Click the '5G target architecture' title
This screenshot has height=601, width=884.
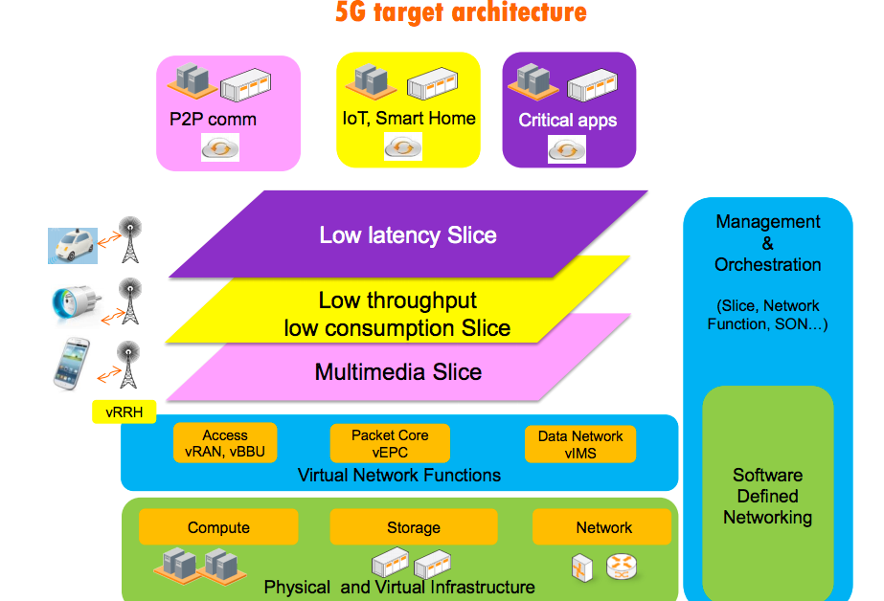coord(461,11)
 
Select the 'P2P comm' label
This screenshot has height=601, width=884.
coord(214,120)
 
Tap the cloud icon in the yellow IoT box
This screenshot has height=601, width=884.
coord(403,147)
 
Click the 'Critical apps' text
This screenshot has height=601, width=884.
coord(568,121)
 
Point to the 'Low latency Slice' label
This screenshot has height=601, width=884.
coord(408,234)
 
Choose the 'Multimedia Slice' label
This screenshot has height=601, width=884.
coord(398,372)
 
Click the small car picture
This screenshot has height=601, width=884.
coord(73,246)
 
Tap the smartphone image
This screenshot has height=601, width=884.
coord(72,364)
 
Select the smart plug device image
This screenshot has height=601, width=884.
coord(77,304)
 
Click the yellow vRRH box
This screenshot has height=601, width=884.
coord(125,412)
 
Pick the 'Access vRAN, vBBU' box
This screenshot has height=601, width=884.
coord(225,443)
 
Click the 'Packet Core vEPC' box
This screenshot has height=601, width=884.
coord(390,443)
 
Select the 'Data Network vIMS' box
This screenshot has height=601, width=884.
coord(580,444)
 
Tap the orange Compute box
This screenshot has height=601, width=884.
coord(218,527)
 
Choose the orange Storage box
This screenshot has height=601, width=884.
coord(414,527)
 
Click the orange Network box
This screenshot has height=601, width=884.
coord(602,527)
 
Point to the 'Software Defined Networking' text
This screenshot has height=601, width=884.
coord(768,497)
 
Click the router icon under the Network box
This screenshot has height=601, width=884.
coord(622,567)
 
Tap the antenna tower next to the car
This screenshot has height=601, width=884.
coord(130,240)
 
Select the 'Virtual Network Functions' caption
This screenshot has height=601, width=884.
coord(399,476)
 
